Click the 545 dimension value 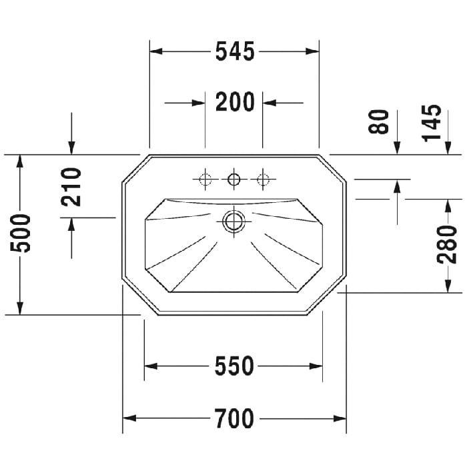(x=235, y=51)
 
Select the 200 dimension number (x=235, y=102)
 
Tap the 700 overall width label (x=234, y=418)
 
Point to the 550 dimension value (x=234, y=366)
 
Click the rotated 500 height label (x=20, y=233)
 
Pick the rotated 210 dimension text (x=71, y=187)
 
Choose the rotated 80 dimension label (x=378, y=121)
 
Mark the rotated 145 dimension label (x=431, y=122)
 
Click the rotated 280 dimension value (x=446, y=245)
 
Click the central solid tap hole (x=233, y=179)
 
